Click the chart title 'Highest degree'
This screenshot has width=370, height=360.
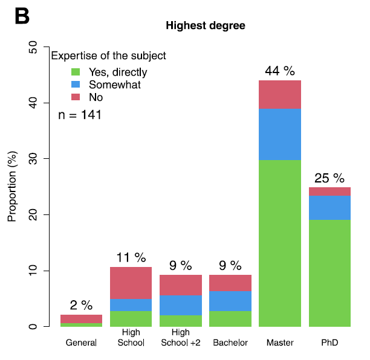pos(205,26)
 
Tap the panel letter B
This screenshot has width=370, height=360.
pos(22,17)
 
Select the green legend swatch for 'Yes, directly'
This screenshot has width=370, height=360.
pos(76,72)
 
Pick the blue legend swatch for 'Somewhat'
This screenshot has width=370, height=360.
pos(76,85)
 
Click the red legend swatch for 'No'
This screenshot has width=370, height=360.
pos(76,97)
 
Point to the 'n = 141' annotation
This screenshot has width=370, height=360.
pos(80,115)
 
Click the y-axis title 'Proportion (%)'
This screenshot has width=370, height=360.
pos(12,187)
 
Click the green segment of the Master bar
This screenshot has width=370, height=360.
pos(280,243)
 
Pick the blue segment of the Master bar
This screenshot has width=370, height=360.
pos(280,134)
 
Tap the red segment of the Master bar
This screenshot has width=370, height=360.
pos(280,95)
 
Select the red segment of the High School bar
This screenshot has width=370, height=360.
pos(131,283)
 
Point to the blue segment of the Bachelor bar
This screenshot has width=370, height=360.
pos(230,301)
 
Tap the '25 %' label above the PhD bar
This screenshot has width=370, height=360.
pos(329,178)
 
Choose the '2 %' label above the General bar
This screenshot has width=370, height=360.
pos(81,306)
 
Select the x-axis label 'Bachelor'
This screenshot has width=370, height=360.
pos(230,343)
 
